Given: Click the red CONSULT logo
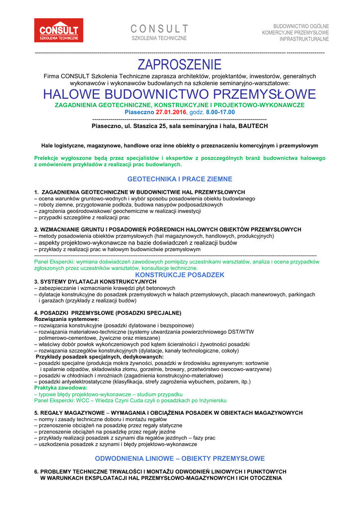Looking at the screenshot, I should click(59, 31).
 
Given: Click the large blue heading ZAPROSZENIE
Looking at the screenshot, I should click(180, 64).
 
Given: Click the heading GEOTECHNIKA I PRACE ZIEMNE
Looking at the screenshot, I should click(180, 179).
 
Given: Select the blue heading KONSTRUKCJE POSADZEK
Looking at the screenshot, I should click(180, 275).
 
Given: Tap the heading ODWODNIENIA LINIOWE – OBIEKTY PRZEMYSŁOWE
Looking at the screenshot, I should click(180, 458).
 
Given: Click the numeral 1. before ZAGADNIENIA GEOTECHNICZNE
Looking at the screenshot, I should click(36, 192).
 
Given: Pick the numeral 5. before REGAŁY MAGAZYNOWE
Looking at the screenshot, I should click(36, 413).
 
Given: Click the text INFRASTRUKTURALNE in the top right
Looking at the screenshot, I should click(304, 39).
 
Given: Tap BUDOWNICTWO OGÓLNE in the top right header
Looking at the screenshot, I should click(301, 26).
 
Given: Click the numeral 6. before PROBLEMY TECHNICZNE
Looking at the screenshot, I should click(36, 471).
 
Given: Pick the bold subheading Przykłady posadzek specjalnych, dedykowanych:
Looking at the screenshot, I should click(100, 357).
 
